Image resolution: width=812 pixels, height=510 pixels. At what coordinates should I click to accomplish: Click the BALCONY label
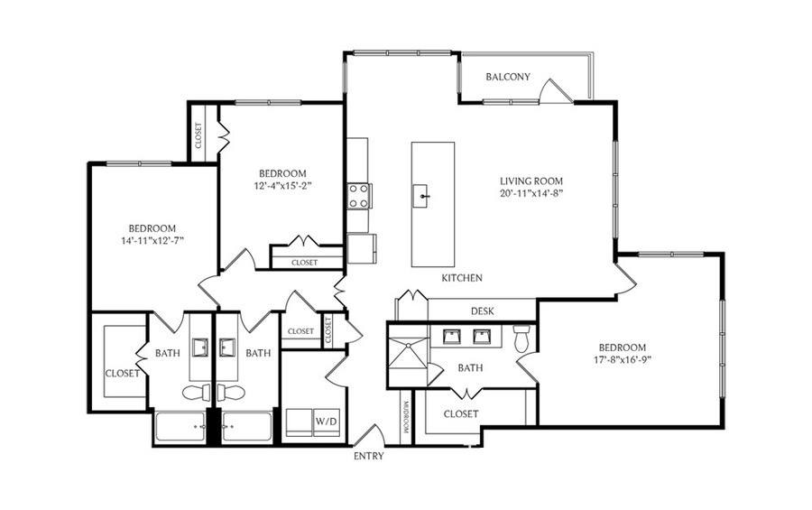tap(508, 77)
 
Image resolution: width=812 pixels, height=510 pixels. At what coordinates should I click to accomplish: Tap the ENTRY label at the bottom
tap(369, 456)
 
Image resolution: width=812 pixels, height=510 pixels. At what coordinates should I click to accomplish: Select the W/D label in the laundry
tap(327, 422)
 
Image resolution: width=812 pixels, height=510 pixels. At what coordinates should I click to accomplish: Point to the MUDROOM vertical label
tap(406, 418)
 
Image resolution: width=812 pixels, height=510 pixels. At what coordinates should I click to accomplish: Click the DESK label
tap(482, 311)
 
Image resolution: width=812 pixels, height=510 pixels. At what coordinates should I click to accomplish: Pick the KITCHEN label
tap(462, 278)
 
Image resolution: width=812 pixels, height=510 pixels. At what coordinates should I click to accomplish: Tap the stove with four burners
tap(358, 196)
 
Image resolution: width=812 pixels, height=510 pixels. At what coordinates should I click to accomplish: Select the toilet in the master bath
tap(521, 338)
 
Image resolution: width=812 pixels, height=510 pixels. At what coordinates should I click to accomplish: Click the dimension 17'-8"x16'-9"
tap(623, 359)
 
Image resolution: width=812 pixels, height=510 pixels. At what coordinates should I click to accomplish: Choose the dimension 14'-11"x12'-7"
tap(152, 240)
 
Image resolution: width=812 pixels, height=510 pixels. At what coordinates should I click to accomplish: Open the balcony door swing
tap(556, 90)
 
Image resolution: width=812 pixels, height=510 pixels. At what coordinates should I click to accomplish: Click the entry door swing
tap(369, 435)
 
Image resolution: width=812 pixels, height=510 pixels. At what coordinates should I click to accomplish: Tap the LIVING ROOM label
tap(531, 181)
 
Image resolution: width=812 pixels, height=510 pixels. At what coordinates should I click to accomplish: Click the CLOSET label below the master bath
tap(461, 414)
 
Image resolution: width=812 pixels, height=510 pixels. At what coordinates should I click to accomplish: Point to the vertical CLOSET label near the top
tap(198, 135)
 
